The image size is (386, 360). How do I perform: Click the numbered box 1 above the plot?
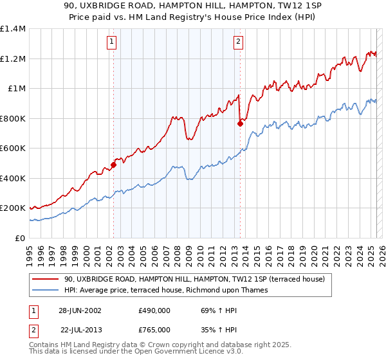pyautogui.click(x=112, y=42)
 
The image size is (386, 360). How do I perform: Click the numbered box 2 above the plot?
pyautogui.click(x=238, y=42)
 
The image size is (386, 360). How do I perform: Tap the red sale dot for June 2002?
pyautogui.click(x=113, y=165)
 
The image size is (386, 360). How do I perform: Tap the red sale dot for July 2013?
pyautogui.click(x=240, y=123)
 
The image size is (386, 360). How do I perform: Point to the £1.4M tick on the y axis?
pyautogui.click(x=13, y=29)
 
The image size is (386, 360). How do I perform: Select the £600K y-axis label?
pyautogui.click(x=13, y=148)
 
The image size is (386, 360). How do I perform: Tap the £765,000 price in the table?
pyautogui.click(x=154, y=329)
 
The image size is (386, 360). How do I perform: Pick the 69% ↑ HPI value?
pyautogui.click(x=211, y=310)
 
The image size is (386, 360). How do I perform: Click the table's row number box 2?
pyautogui.click(x=33, y=329)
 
